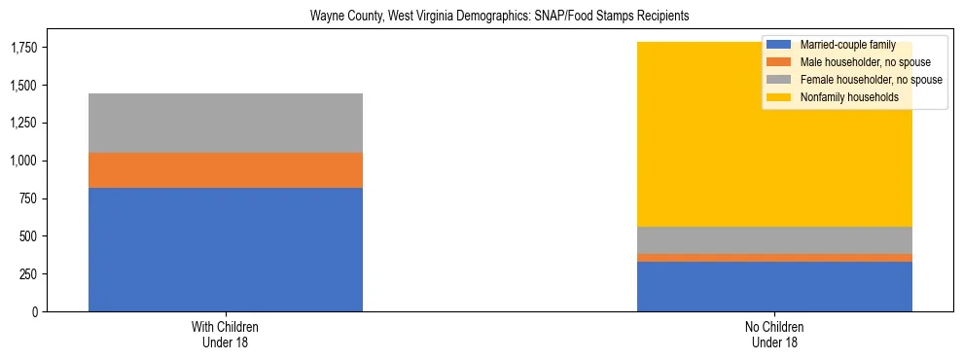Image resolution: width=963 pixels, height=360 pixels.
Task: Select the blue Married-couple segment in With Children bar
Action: coord(226,249)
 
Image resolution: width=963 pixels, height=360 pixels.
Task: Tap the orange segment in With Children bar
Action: coord(226,170)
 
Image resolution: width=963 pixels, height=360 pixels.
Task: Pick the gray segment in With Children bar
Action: coord(226,123)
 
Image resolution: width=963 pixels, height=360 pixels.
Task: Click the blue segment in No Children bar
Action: coord(774,286)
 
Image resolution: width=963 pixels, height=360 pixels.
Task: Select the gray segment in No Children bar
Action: coord(774,240)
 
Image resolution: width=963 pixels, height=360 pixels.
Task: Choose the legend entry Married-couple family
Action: coord(842,45)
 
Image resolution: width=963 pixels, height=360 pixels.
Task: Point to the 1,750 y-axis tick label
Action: coord(23,47)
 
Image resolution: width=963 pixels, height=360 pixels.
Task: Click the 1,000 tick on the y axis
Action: coord(23,161)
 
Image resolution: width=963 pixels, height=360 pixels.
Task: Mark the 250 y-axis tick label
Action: coord(29,274)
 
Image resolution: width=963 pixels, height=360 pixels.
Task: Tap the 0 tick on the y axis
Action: coord(36,312)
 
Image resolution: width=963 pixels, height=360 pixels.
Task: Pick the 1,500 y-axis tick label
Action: coord(23,86)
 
